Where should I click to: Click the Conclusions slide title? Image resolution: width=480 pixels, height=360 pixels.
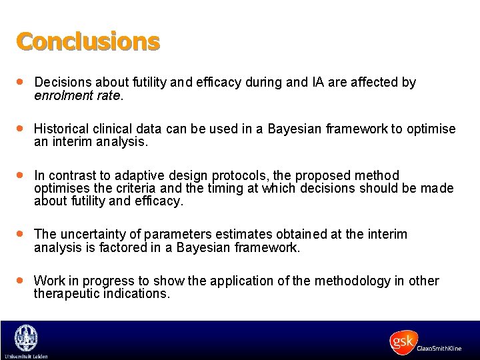(x=88, y=41)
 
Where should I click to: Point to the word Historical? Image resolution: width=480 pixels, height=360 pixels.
(x=61, y=129)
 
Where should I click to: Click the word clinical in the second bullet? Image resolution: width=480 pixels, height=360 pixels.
(x=112, y=129)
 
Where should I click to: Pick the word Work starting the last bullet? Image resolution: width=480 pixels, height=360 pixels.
(x=48, y=281)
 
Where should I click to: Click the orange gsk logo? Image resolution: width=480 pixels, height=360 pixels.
(x=404, y=342)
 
